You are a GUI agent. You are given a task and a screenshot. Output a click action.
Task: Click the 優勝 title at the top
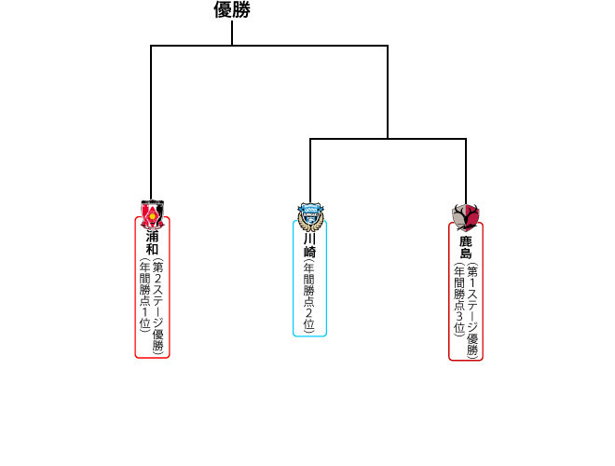[x=232, y=10]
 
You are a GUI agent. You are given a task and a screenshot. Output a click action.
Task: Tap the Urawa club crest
[x=152, y=214]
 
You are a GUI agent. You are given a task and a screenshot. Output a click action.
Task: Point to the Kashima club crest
[x=465, y=216]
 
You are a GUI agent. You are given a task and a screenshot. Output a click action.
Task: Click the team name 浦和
[x=152, y=243]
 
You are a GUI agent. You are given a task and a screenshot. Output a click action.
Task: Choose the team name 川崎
[x=309, y=245]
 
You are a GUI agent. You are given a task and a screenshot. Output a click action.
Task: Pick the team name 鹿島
[x=465, y=248]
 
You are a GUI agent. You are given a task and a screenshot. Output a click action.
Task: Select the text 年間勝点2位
[x=309, y=296]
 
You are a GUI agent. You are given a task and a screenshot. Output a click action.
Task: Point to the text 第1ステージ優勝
[x=472, y=311]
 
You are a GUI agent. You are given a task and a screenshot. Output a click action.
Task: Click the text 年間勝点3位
[x=458, y=299]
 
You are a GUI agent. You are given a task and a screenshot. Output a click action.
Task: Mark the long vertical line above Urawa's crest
[x=151, y=121]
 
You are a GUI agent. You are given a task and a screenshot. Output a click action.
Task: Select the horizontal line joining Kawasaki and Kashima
[x=388, y=139]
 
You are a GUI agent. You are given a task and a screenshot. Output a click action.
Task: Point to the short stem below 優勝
[x=232, y=34]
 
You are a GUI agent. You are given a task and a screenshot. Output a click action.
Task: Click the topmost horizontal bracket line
[x=269, y=45]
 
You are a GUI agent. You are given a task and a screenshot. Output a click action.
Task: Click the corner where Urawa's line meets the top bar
[x=151, y=45]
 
